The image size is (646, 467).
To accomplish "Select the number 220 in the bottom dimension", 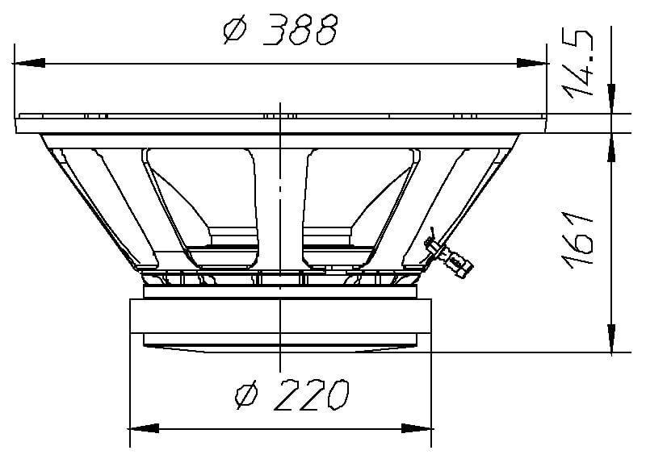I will [309, 395].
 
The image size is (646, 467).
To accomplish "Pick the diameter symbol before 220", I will [245, 395].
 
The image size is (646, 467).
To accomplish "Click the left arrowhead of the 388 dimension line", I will [29, 63].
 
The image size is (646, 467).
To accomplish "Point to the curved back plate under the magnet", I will [279, 345].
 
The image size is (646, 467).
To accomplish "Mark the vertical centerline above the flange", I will [279, 108].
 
